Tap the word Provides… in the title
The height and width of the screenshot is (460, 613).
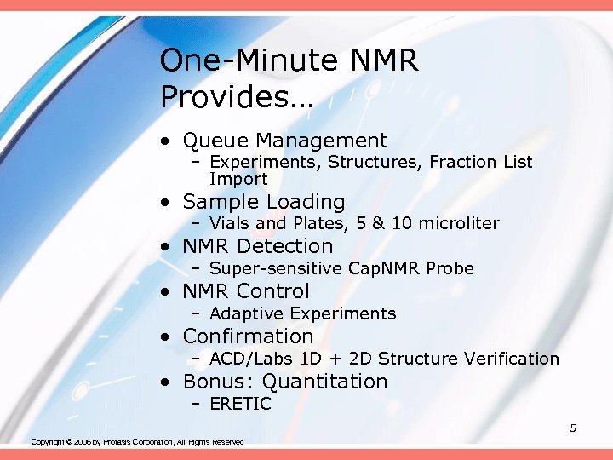237,96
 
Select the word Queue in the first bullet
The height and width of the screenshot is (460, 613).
216,141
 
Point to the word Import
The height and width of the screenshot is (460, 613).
238,179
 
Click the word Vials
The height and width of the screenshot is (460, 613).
230,223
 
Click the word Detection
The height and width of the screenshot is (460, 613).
285,246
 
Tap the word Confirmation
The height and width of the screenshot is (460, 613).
248,336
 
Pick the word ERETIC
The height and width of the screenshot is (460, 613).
240,404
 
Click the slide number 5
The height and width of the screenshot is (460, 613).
573,428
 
